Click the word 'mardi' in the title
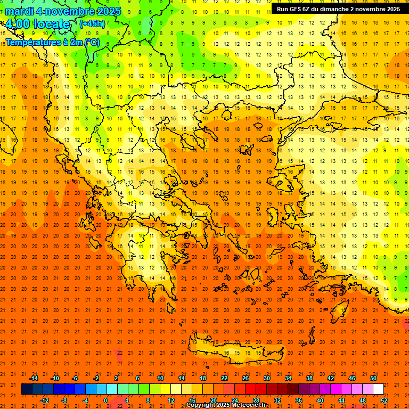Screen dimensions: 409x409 [19, 11]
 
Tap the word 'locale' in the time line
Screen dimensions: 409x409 [50, 24]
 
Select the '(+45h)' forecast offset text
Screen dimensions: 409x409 [92, 23]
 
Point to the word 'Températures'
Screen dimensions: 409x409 [30, 42]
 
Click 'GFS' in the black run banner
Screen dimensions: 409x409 [297, 9]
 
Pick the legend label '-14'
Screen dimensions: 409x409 [34, 378]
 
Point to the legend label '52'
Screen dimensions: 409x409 [385, 400]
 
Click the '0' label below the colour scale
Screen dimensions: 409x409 [105, 400]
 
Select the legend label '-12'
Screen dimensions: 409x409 [44, 400]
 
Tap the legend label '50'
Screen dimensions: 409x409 [373, 378]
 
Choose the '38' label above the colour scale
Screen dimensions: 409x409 [309, 378]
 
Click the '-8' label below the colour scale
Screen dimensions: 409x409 [64, 400]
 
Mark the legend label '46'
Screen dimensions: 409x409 [352, 378]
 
